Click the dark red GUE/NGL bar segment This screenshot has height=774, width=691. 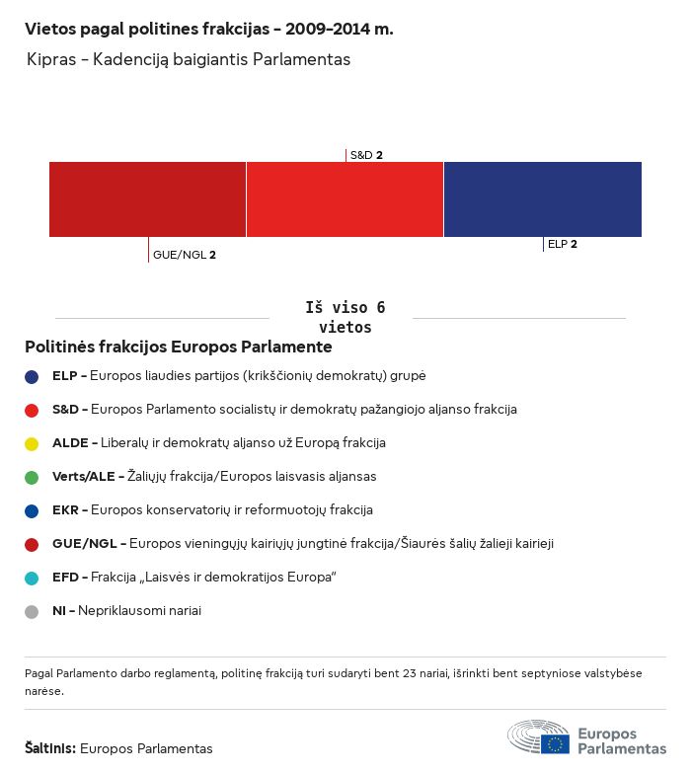click(147, 199)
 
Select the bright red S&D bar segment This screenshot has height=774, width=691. click(345, 199)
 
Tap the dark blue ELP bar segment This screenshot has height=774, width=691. click(542, 199)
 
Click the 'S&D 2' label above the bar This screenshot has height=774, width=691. click(366, 155)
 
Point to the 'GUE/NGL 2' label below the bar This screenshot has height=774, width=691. click(185, 255)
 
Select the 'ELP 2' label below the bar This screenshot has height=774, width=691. click(563, 244)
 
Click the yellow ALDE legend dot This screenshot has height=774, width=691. click(32, 443)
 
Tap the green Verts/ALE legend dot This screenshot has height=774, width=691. click(32, 477)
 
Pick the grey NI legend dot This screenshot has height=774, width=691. click(32, 611)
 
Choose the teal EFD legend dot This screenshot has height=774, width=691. click(32, 578)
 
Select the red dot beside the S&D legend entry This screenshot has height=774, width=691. click(32, 410)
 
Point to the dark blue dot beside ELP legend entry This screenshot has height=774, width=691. click(32, 376)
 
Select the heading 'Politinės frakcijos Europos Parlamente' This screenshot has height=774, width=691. click(179, 348)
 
